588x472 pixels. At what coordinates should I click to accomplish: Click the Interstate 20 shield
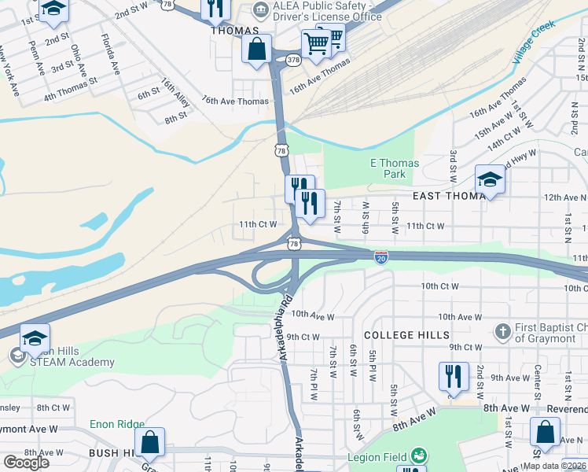pyautogui.click(x=380, y=257)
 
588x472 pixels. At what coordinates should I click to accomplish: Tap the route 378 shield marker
pyautogui.click(x=293, y=59)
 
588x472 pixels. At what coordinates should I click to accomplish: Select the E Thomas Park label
pyautogui.click(x=395, y=168)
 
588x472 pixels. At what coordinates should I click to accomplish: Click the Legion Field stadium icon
pyautogui.click(x=419, y=456)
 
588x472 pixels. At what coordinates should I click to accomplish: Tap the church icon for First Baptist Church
pyautogui.click(x=503, y=331)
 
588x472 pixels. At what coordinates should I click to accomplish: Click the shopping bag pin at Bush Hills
pyautogui.click(x=149, y=443)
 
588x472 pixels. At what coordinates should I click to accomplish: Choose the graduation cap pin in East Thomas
pyautogui.click(x=490, y=179)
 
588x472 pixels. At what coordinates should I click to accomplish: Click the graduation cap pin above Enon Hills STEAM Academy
pyautogui.click(x=35, y=338)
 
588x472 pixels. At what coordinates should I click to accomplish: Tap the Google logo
pyautogui.click(x=26, y=463)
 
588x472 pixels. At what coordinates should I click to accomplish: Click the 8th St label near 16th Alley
pyautogui.click(x=176, y=117)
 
